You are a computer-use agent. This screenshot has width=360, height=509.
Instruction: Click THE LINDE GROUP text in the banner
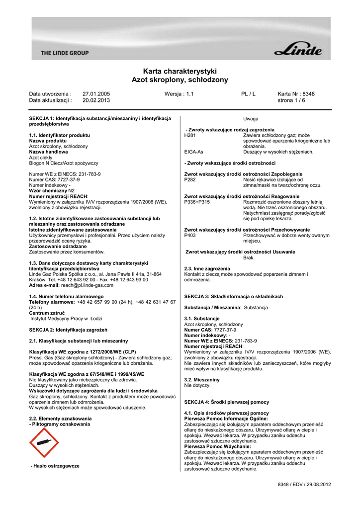click(65, 53)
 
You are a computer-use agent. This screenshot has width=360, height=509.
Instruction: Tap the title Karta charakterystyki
click(180, 71)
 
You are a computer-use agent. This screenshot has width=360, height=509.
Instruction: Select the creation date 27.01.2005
click(96, 93)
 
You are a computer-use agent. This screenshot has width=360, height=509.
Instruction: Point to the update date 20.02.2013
click(96, 100)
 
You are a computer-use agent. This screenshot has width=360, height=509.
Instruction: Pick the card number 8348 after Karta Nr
click(308, 93)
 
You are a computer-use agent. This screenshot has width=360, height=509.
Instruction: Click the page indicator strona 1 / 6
click(291, 100)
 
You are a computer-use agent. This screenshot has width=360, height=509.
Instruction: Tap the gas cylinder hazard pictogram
click(44, 443)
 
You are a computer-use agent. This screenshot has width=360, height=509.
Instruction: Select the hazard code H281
click(190, 135)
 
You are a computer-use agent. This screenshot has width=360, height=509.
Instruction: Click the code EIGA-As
click(193, 152)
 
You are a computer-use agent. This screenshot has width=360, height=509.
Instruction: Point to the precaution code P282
click(190, 179)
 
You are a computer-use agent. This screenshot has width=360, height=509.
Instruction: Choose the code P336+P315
click(196, 202)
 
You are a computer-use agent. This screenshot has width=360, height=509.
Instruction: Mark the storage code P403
click(190, 235)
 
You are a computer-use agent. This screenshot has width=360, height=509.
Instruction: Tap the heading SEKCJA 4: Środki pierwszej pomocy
click(226, 402)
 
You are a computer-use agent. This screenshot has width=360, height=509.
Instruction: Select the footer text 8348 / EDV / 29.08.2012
click(304, 484)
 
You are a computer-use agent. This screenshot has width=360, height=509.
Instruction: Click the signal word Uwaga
click(251, 119)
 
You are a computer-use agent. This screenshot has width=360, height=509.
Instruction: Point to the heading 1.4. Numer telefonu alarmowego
click(63, 296)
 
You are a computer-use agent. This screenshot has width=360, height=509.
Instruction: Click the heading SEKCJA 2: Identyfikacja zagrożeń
click(69, 330)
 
